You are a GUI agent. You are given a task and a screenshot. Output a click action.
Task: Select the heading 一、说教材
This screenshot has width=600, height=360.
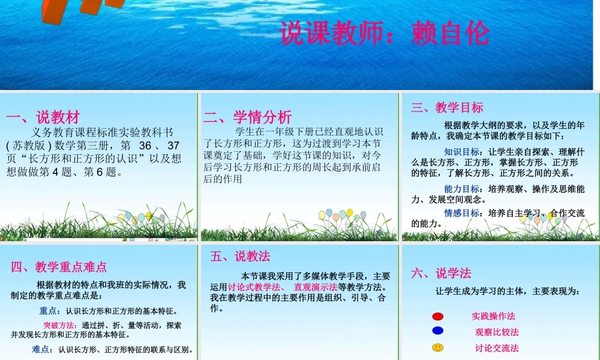pyautogui.click(x=43, y=116)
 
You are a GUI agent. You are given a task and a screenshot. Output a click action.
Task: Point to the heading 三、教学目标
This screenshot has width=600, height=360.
pyautogui.click(x=447, y=107)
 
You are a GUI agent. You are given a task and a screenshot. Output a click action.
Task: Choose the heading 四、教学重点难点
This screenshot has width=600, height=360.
pyautogui.click(x=59, y=266)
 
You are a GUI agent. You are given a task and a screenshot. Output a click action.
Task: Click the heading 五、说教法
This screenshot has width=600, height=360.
pyautogui.click(x=240, y=256)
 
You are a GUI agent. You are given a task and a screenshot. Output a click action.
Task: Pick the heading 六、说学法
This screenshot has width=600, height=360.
pyautogui.click(x=441, y=274)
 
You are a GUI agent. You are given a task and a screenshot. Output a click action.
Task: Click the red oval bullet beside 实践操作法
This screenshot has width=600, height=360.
pyautogui.click(x=438, y=316)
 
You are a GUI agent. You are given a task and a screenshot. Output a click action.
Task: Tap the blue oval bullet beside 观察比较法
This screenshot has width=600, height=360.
pyautogui.click(x=438, y=331)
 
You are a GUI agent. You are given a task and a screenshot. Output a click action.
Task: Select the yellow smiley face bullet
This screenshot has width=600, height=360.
pyautogui.click(x=438, y=347)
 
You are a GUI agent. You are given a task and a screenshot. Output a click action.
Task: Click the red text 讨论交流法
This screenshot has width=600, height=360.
pyautogui.click(x=497, y=348)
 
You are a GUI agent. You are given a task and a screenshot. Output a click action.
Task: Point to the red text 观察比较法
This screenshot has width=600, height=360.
pyautogui.click(x=497, y=332)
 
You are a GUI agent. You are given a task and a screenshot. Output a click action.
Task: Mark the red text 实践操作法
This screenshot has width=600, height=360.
pyautogui.click(x=493, y=316)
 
